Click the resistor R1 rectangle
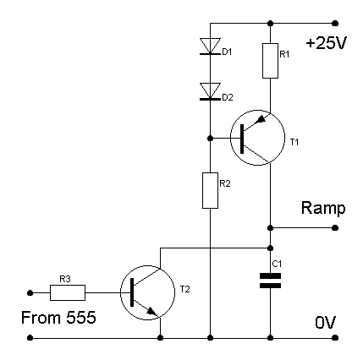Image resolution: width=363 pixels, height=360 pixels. coord(270,61)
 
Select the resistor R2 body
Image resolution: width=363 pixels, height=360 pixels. coord(210,190)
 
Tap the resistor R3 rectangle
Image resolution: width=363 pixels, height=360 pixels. coord(68,292)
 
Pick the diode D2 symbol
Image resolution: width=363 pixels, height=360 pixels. coord(210,91)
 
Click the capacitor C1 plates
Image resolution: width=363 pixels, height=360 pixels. coord(270,281)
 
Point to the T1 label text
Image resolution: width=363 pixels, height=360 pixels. coord(294,142)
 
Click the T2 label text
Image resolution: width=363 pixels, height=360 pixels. coord(185,289)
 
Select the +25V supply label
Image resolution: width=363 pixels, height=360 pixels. coord(326,43)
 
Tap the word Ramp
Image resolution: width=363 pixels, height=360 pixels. coord(323,209)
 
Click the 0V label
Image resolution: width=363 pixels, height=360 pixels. coord(326,323)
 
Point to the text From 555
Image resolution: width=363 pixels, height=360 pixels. coord(58,318)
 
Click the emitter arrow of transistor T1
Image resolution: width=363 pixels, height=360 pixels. coord(261,120)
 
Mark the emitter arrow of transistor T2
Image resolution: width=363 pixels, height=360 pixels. coord(151,311)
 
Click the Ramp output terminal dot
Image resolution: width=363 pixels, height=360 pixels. coord(335,227)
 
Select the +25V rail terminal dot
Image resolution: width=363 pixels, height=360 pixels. coord(335,23)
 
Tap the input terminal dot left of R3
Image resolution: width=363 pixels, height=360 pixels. coord(30,293)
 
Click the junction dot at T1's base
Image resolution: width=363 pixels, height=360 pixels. coord(210,139)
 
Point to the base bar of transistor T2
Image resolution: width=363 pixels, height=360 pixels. coord(132,292)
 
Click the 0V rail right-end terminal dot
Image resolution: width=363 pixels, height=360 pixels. coord(335,337)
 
